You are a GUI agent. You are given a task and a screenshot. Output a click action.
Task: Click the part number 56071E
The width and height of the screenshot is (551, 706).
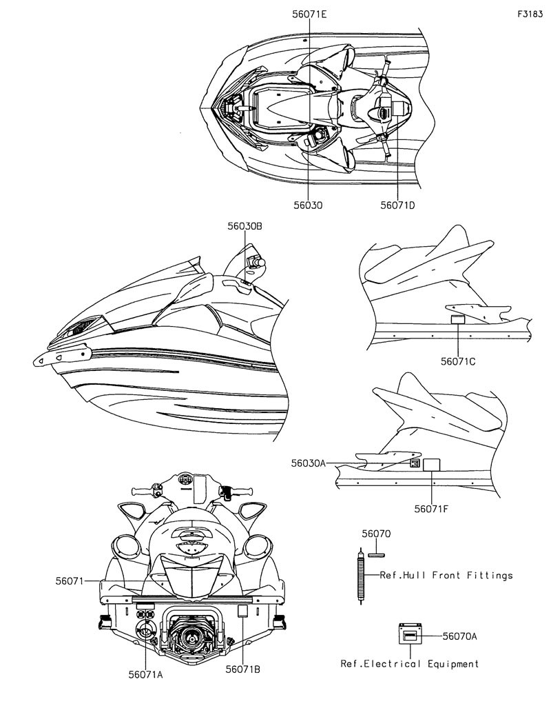click(x=309, y=14)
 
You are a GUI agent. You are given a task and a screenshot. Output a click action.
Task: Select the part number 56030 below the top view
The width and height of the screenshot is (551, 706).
click(x=308, y=205)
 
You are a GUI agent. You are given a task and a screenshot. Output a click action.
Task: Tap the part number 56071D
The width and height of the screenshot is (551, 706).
click(x=397, y=205)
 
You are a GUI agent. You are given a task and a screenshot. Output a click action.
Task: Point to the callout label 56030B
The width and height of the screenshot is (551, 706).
click(x=245, y=226)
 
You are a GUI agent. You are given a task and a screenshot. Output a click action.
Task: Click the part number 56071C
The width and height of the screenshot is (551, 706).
click(x=458, y=361)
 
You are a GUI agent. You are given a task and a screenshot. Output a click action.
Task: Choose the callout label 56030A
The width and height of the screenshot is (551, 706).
click(x=308, y=463)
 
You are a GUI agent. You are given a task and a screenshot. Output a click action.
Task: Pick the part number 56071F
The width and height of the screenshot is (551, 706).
click(x=431, y=509)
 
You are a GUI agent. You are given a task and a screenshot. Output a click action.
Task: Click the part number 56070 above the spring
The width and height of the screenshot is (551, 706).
click(x=376, y=534)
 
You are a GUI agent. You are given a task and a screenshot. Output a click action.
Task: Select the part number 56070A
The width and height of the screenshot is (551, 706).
click(x=459, y=636)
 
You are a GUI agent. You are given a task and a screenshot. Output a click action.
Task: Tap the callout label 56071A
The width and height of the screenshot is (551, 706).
click(x=145, y=674)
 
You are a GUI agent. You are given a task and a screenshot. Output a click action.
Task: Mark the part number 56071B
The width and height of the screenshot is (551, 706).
click(x=243, y=669)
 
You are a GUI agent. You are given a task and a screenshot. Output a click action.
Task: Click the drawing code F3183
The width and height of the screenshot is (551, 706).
click(x=530, y=14)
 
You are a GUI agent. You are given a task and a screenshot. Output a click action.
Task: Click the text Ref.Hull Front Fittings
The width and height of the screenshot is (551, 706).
click(x=446, y=575)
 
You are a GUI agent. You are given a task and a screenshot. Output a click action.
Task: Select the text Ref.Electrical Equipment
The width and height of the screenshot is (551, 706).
click(x=410, y=664)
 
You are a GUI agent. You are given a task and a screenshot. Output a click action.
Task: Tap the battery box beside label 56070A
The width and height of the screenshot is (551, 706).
click(x=410, y=635)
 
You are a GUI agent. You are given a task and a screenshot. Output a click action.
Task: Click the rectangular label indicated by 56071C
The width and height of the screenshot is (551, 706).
click(x=458, y=320)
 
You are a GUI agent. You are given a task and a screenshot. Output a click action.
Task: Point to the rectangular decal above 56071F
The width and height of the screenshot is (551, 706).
click(x=432, y=464)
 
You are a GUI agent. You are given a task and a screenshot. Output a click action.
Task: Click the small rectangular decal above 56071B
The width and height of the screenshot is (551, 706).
click(x=243, y=611)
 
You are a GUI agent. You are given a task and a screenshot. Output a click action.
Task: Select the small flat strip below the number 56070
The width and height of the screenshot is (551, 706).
click(x=376, y=555)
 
